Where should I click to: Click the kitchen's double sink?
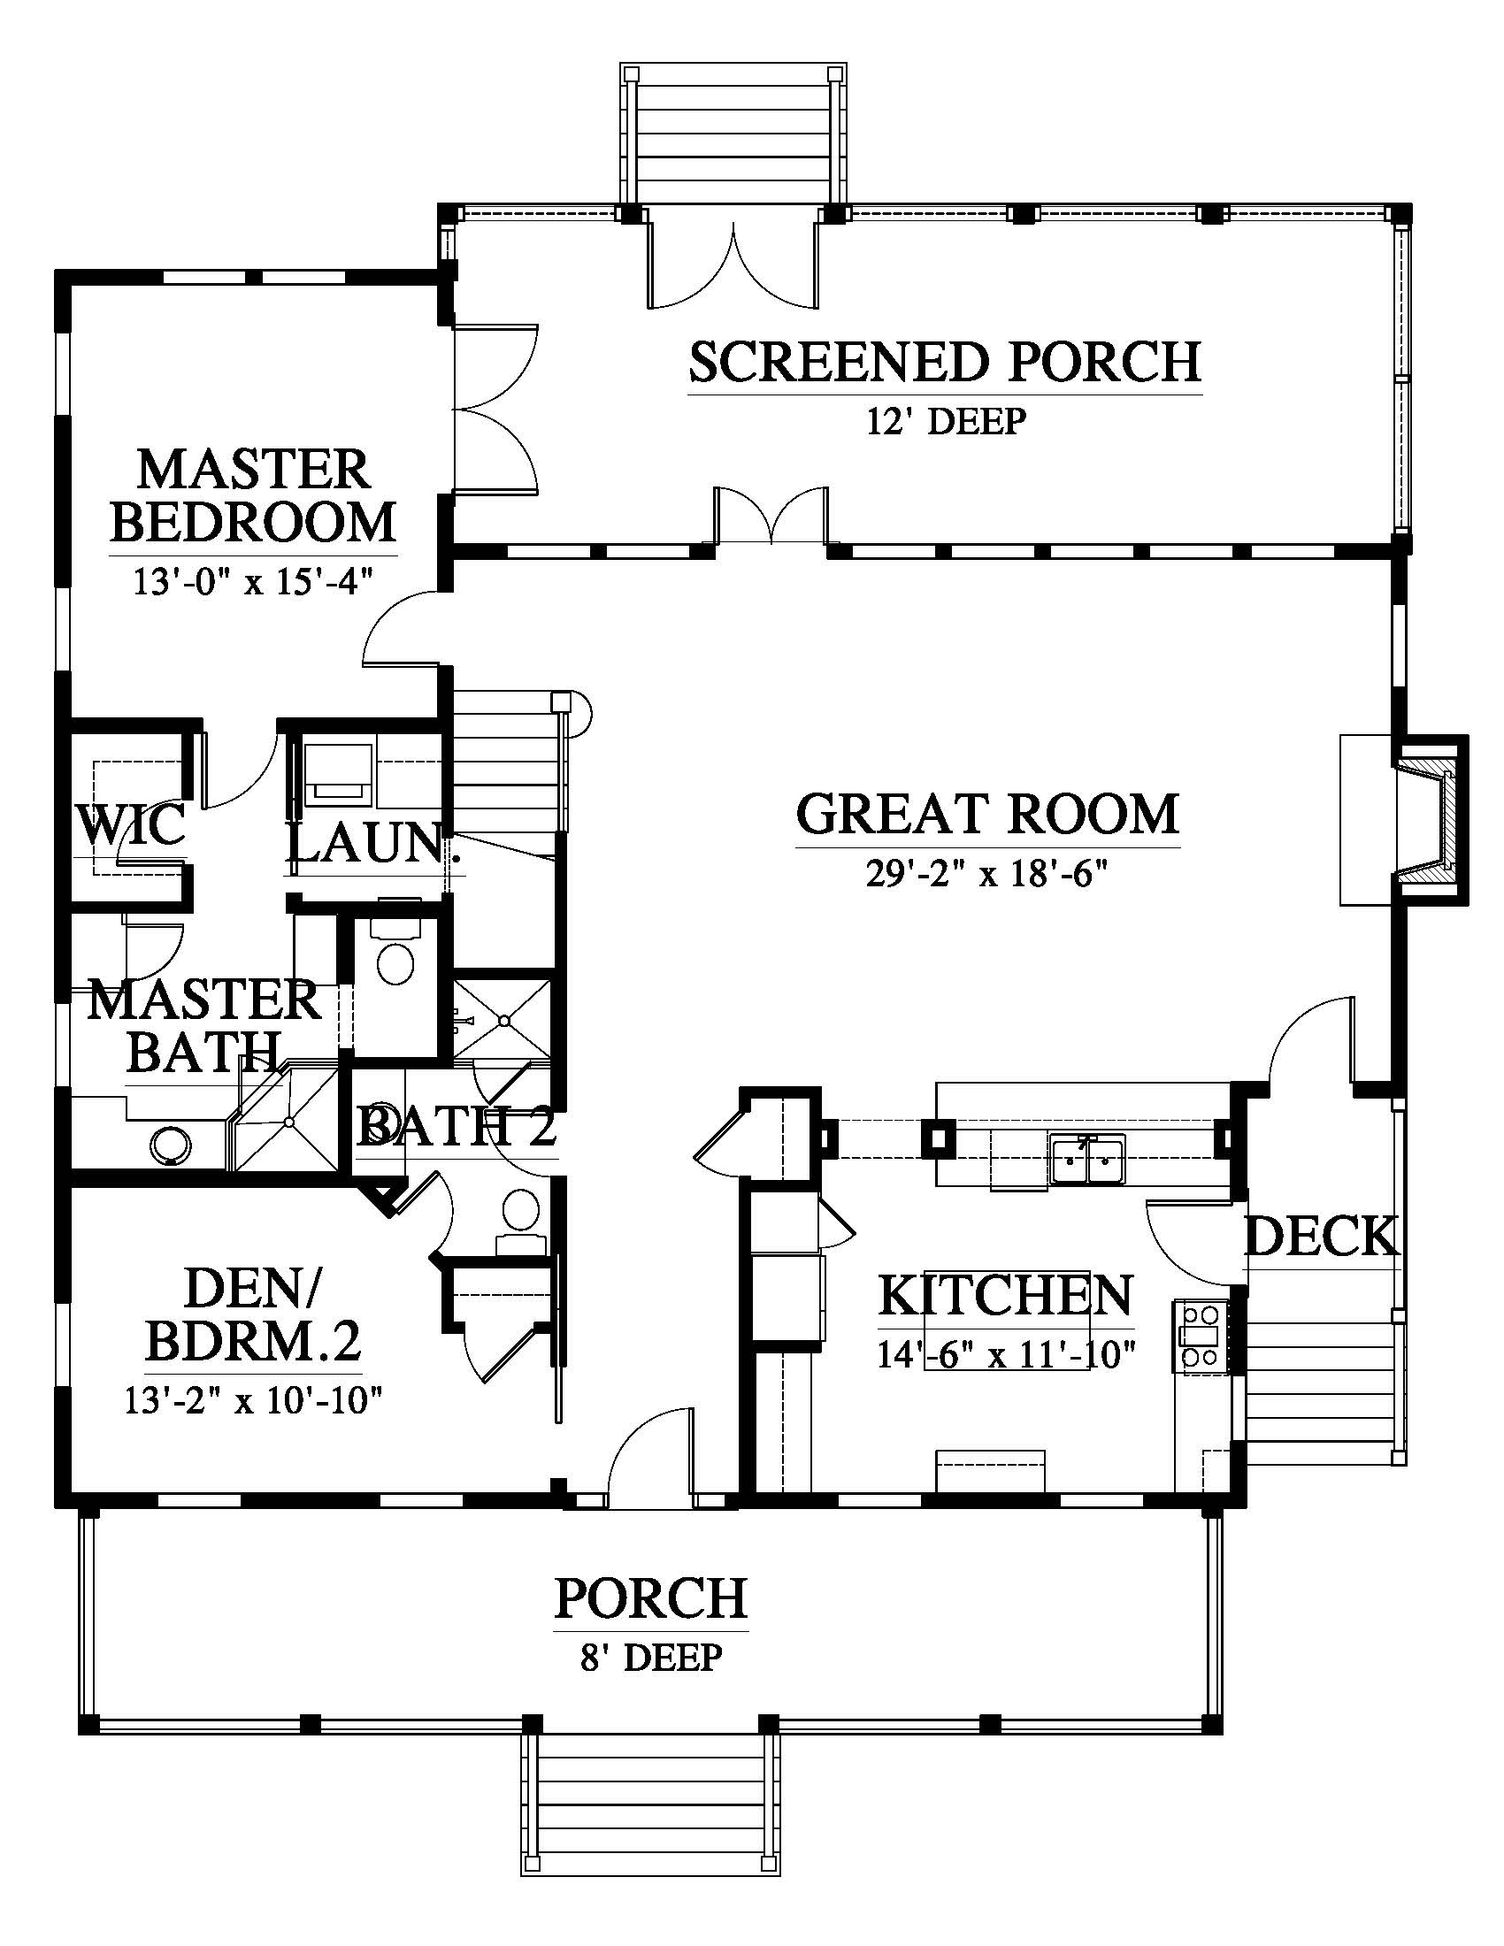[x=1087, y=1159]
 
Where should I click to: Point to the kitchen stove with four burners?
[x=1200, y=1335]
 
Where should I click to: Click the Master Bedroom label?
[x=253, y=496]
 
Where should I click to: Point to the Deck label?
[x=1322, y=1237]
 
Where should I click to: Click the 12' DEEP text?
[x=947, y=420]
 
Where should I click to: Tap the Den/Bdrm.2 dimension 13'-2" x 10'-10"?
[x=253, y=1401]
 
